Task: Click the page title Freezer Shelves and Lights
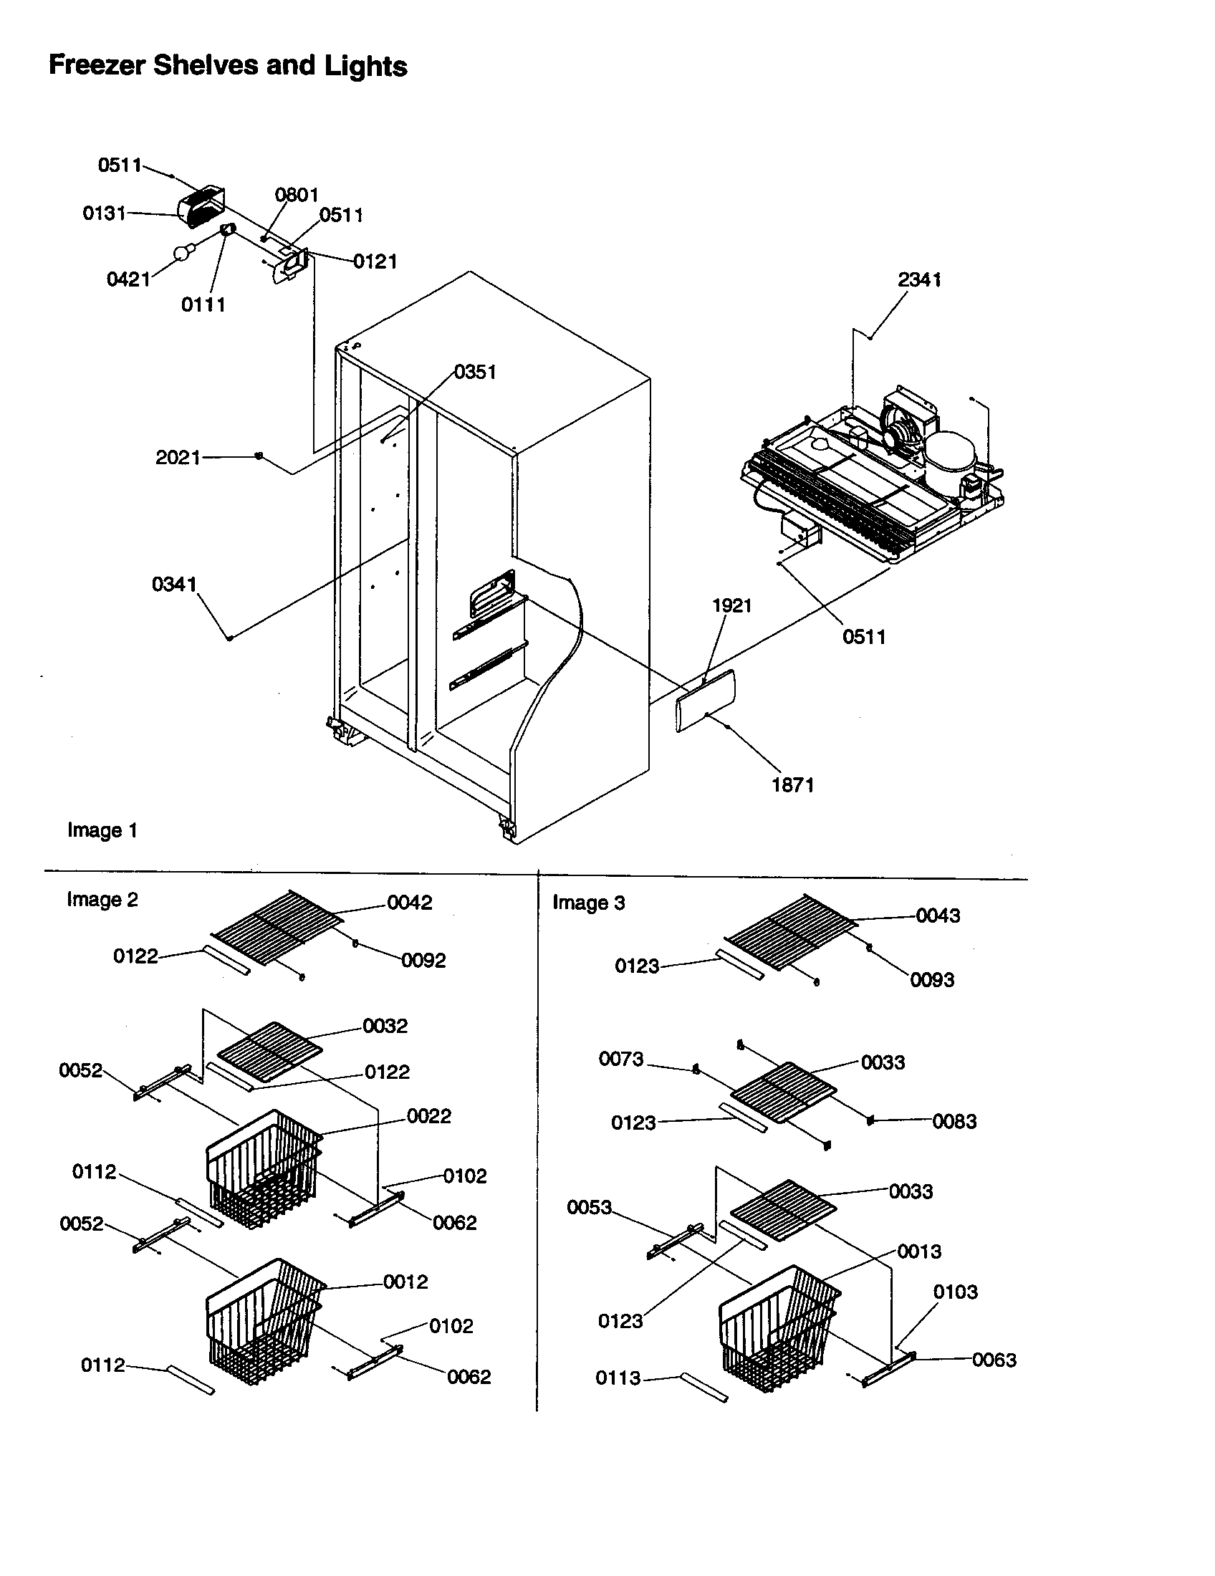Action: point(227,66)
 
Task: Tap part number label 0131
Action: point(104,213)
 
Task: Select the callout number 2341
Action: point(918,279)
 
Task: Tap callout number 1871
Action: point(792,785)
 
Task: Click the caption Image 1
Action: point(102,830)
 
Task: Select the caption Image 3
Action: point(588,903)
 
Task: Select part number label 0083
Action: point(954,1121)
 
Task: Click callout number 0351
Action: point(475,372)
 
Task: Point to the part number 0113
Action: point(618,1378)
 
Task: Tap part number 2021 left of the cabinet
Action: point(178,458)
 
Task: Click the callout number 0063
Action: point(994,1360)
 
